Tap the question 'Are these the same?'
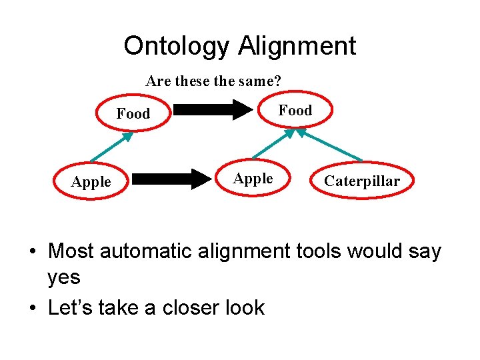point(213,81)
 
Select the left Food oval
point(133,114)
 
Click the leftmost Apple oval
point(91,181)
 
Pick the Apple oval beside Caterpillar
point(253,179)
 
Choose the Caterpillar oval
point(362,181)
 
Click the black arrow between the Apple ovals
point(171,179)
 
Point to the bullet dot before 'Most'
point(32,252)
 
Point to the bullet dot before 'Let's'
point(32,308)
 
